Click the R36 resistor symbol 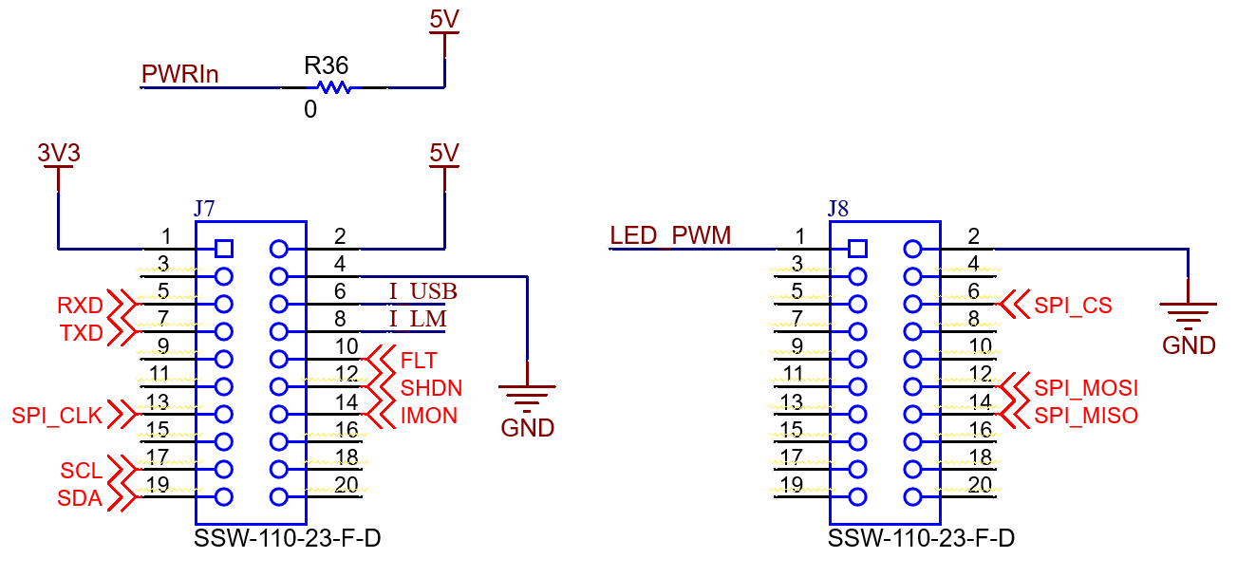[334, 88]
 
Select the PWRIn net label [179, 74]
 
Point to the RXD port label [80, 306]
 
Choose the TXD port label [81, 333]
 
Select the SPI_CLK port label [57, 415]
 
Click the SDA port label [80, 497]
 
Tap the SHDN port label [431, 387]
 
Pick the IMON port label [428, 415]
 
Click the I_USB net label [422, 291]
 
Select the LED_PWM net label [670, 235]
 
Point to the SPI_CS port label [1073, 306]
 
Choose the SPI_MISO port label [1086, 415]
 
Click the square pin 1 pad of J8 [857, 249]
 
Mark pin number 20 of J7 [346, 484]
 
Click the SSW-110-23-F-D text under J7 [288, 539]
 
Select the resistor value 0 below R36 [310, 110]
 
